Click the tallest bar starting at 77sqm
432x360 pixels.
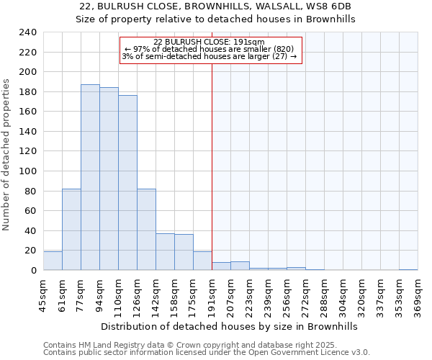click(90, 177)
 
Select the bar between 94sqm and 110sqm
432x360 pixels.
click(109, 179)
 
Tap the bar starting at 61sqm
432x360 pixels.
click(71, 229)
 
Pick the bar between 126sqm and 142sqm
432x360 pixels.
click(146, 229)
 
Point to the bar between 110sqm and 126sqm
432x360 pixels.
click(127, 183)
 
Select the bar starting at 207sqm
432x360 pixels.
click(240, 266)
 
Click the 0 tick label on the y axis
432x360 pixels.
click(33, 271)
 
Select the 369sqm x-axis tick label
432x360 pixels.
click(418, 297)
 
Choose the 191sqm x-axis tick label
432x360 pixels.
click(212, 297)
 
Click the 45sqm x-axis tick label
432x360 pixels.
click(43, 297)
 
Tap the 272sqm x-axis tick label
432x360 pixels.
click(305, 297)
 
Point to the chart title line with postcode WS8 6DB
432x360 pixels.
click(215, 6)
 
